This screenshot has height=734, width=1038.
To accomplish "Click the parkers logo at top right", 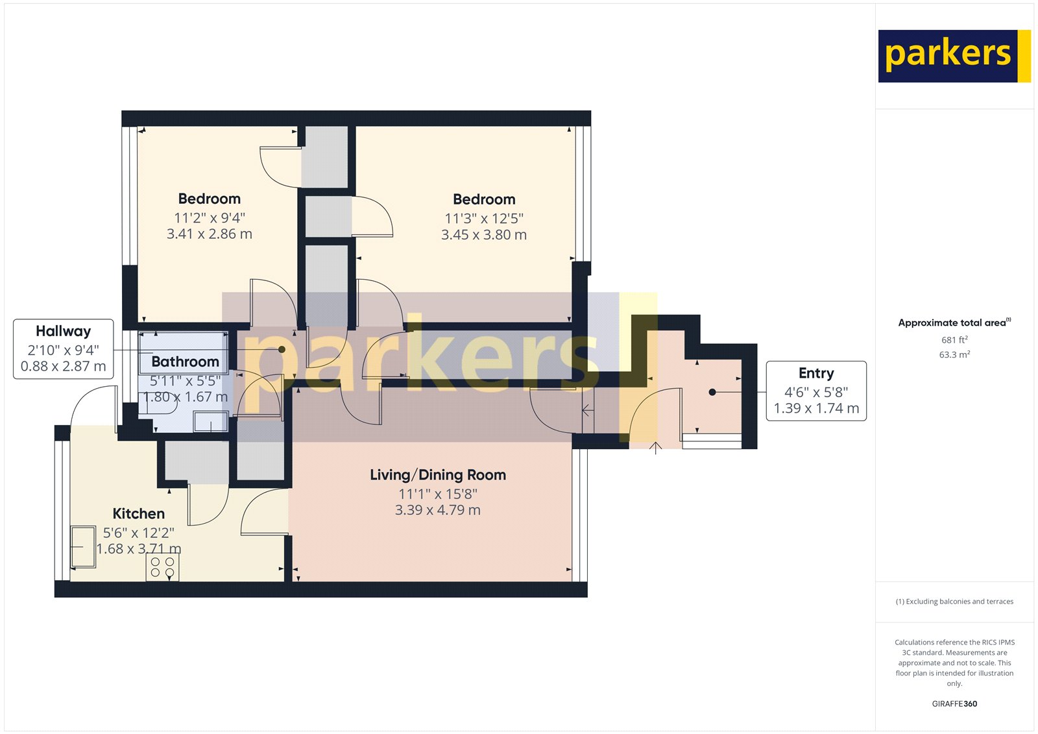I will [953, 56].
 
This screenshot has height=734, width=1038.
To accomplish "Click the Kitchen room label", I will [138, 513].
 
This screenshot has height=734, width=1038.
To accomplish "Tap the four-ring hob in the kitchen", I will [162, 567].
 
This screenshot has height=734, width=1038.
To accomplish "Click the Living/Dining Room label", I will [438, 474].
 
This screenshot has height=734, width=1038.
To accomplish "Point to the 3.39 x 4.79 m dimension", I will [438, 510].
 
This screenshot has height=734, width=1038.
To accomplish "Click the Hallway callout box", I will [63, 349].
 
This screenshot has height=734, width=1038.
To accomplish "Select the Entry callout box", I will [816, 391].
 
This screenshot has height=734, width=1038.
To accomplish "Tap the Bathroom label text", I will [185, 361].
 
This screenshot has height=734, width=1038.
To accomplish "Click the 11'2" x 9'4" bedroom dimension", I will [209, 218].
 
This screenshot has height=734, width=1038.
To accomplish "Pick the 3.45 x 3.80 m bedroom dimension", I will [484, 235].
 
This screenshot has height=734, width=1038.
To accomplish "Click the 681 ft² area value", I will [954, 339].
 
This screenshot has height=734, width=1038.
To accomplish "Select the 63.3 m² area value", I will [954, 354].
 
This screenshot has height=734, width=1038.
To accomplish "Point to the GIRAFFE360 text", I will [954, 703].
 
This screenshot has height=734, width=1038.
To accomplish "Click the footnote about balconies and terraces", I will [954, 602].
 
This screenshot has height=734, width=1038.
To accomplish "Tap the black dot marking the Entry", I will [712, 392].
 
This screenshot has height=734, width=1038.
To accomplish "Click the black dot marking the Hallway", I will [282, 349].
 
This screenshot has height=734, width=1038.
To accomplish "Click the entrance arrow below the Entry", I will [656, 447].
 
